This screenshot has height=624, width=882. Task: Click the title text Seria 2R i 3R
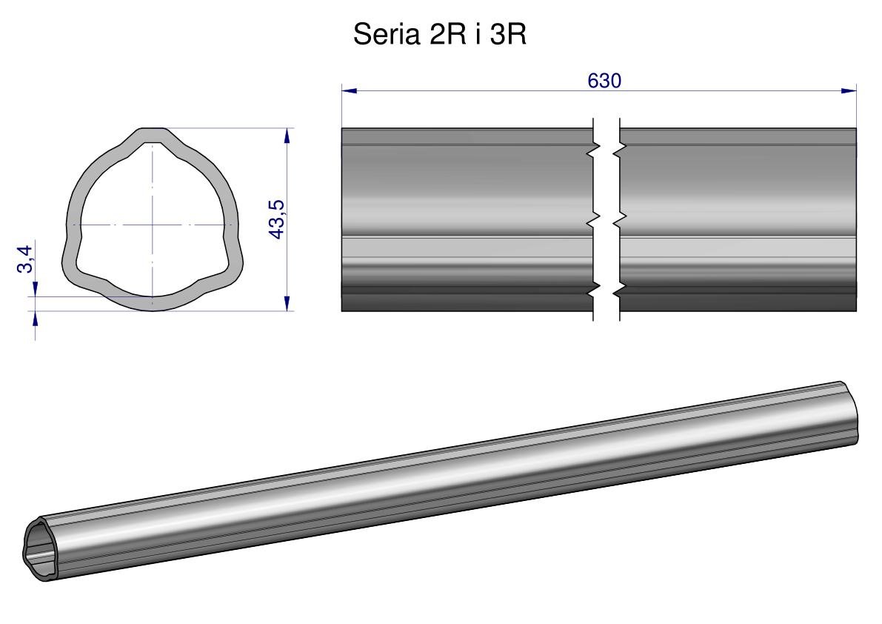439,34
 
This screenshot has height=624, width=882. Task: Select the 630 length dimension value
604,81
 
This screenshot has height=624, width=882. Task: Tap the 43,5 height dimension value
277,219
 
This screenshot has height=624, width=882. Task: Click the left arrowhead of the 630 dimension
350,90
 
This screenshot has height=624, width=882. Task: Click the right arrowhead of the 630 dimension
848,90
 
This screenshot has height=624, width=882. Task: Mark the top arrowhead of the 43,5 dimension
287,136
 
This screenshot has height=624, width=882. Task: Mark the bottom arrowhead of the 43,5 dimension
287,302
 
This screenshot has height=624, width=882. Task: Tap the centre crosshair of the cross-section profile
153,225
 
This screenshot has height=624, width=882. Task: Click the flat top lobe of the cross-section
153,135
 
